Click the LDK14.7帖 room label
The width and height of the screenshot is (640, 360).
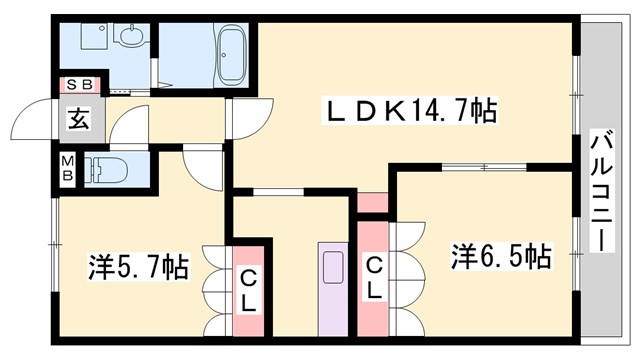[x=410, y=110]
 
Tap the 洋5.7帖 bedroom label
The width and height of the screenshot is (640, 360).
[x=138, y=267]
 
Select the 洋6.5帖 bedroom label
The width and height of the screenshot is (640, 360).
[x=499, y=256]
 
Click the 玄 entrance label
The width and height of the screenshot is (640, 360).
[x=77, y=119]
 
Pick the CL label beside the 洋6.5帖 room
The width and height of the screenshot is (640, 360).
[x=372, y=281]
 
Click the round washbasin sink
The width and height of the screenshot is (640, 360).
[x=129, y=39]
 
